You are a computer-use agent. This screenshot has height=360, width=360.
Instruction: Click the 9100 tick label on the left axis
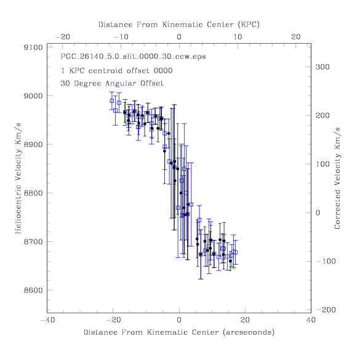click(33, 47)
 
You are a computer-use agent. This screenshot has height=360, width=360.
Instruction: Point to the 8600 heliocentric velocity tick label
click(33, 290)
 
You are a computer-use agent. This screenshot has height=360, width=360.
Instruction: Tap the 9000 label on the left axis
click(33, 96)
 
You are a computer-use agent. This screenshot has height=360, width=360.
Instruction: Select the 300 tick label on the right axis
click(322, 67)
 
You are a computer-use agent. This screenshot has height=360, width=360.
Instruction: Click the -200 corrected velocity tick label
click(326, 310)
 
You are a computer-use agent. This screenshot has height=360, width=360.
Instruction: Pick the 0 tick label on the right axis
click(318, 213)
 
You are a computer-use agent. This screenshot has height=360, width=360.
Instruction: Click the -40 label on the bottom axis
click(48, 320)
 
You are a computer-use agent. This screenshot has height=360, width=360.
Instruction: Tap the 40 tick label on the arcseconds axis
click(311, 320)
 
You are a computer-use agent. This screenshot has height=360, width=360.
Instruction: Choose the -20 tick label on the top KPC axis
click(63, 37)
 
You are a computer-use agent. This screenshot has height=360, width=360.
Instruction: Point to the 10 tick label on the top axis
click(238, 37)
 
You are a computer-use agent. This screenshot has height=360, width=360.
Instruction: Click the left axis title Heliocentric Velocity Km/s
click(18, 178)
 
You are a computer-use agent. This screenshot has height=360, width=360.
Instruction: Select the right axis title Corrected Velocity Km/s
click(337, 178)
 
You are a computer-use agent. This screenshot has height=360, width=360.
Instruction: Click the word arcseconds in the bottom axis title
click(249, 332)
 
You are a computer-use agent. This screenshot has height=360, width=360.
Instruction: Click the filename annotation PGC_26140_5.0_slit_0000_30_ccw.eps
click(133, 57)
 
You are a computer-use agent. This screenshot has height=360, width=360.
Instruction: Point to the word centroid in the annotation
click(105, 71)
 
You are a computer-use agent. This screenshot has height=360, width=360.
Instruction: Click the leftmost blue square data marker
click(112, 101)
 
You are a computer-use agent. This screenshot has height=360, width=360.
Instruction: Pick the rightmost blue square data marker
click(235, 252)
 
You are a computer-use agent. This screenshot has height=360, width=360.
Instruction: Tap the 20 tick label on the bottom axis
click(245, 320)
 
